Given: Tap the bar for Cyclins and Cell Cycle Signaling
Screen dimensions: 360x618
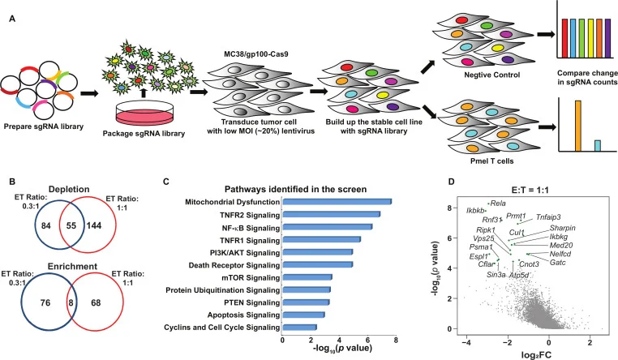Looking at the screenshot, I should click(x=299, y=327).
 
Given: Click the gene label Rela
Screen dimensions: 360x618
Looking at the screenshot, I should click(x=497, y=203).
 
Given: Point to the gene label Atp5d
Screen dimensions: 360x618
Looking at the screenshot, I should click(x=519, y=275).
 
